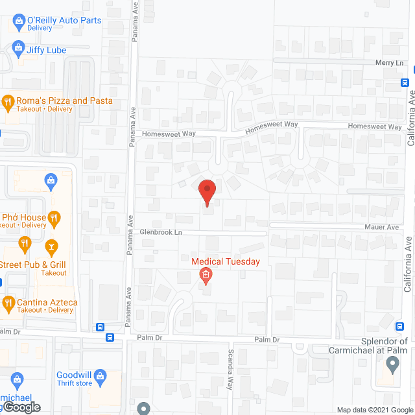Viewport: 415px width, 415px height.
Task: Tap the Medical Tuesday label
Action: point(226,262)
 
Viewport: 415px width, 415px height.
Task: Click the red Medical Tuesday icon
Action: point(205,277)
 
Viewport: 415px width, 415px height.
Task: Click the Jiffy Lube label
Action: point(46,50)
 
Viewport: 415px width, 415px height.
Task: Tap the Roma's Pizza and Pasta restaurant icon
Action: point(8,101)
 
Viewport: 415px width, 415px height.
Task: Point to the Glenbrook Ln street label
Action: point(160,232)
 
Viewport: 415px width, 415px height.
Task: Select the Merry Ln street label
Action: point(389,63)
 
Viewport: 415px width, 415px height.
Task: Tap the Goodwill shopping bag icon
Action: point(101,375)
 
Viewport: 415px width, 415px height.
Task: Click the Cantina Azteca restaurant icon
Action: point(8,302)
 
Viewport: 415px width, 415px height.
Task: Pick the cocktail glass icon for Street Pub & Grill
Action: point(51,246)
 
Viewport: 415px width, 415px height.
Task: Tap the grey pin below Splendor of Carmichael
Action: point(391,365)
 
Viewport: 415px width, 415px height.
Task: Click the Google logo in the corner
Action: point(20,407)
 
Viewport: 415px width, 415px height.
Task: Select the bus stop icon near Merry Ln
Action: point(405,82)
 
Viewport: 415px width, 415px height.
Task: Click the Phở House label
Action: point(24,218)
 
